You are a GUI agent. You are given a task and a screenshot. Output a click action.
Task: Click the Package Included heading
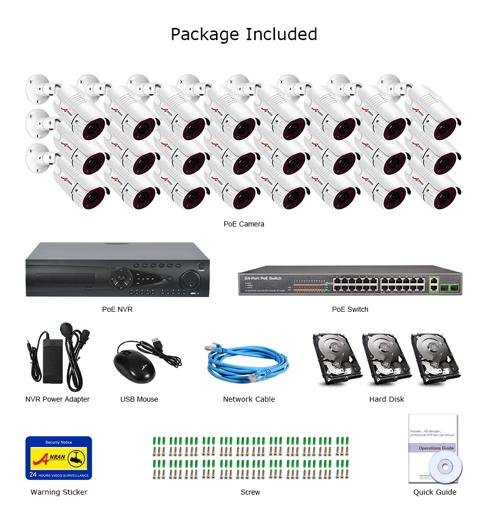click(x=244, y=34)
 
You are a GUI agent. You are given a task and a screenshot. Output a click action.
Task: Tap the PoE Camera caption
click(x=244, y=224)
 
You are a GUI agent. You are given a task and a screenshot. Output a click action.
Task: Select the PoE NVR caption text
click(x=117, y=309)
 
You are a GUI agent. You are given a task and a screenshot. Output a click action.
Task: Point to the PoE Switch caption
click(x=350, y=309)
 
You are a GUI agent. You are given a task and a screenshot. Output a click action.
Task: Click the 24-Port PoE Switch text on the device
click(x=263, y=279)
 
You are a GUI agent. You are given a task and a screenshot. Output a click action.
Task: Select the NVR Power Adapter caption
click(x=57, y=400)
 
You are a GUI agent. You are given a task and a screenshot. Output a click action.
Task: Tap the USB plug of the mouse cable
click(x=158, y=342)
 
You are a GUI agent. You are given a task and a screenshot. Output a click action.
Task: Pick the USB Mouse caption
click(x=139, y=400)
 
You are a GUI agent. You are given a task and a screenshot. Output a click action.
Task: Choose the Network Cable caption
click(x=249, y=400)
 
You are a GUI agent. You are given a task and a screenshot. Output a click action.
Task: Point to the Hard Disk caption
click(x=387, y=400)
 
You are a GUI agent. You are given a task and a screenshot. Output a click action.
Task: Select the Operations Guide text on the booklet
click(x=436, y=448)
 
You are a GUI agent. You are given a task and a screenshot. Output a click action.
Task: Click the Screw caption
click(x=251, y=492)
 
